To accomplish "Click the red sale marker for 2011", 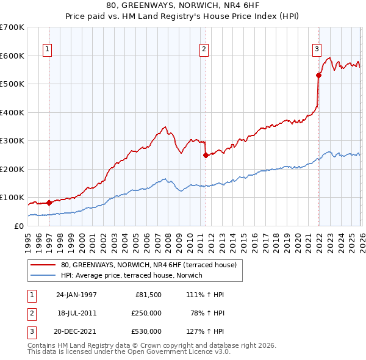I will (206, 155).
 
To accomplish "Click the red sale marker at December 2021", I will (318, 76).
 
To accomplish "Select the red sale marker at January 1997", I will (49, 203).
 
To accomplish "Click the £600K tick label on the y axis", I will (12, 56).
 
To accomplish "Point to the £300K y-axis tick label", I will (12, 141).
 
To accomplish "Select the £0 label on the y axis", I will (20, 226).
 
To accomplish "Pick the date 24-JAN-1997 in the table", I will (76, 295).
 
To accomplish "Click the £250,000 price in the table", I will (146, 313).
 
